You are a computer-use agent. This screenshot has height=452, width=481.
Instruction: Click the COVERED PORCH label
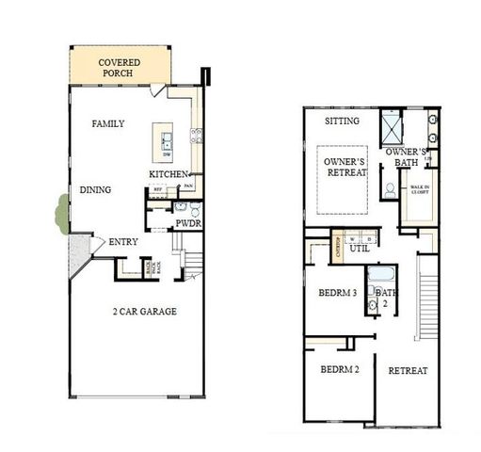click(120, 68)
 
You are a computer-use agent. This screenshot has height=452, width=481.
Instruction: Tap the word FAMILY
click(108, 124)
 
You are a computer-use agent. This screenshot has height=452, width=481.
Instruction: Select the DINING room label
click(95, 190)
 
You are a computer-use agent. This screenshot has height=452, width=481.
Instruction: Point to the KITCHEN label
click(169, 175)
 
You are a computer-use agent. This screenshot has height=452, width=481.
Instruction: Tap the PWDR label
click(188, 224)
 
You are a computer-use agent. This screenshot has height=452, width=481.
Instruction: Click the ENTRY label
click(123, 243)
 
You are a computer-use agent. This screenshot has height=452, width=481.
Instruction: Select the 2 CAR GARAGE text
click(145, 312)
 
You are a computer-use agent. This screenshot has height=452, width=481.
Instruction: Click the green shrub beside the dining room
click(61, 212)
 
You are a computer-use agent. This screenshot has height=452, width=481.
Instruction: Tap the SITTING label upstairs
click(342, 122)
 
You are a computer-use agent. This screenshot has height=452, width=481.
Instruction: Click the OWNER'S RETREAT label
click(345, 168)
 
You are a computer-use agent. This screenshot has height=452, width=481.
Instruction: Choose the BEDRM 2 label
click(340, 370)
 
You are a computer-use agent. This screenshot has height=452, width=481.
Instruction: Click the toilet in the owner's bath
click(389, 188)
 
